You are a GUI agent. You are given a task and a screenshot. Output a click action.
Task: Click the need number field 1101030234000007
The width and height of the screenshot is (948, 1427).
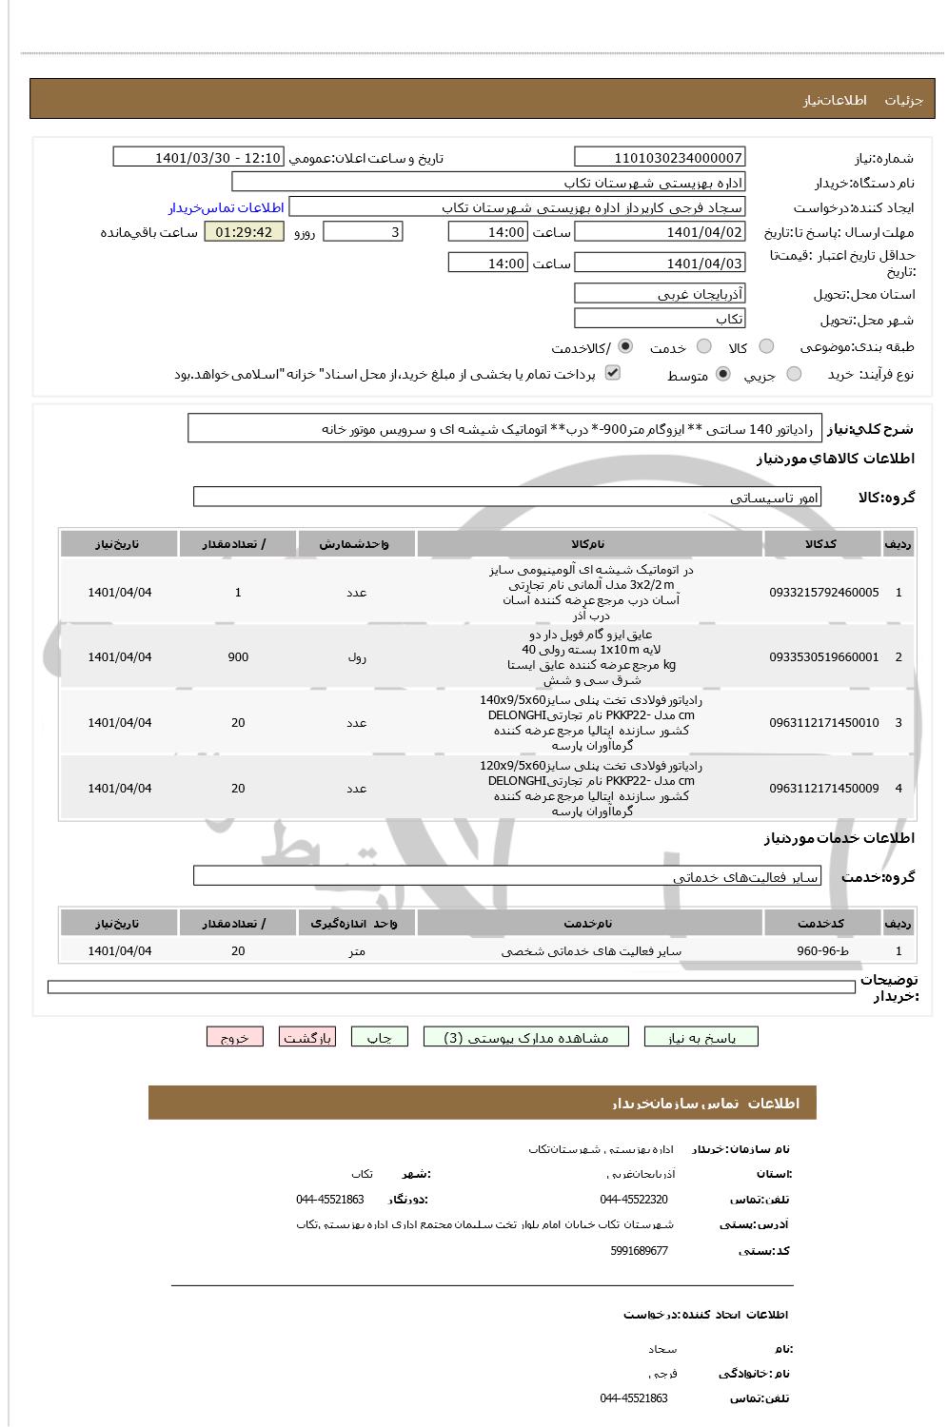click(660, 158)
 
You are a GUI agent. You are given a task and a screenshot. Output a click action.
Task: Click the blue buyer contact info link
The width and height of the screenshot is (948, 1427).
click(227, 207)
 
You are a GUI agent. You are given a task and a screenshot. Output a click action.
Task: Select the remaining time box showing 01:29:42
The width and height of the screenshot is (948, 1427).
click(244, 232)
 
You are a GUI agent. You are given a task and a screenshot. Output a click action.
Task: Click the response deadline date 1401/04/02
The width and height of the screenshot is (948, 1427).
click(660, 232)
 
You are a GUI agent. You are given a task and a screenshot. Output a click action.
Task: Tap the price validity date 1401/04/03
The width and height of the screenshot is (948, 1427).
click(660, 264)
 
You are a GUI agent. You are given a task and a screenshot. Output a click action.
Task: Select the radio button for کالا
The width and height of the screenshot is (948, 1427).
click(766, 347)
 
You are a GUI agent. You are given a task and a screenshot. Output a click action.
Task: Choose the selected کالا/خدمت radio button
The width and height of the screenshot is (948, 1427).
click(625, 347)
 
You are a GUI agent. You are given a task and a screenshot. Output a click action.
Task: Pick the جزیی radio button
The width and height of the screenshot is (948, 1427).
click(795, 375)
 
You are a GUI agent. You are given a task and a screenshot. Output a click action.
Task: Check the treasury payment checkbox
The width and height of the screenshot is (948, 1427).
click(613, 373)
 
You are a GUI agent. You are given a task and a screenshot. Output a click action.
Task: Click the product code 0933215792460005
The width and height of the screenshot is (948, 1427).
click(823, 593)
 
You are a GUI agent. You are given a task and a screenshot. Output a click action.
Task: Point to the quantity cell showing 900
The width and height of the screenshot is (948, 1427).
click(238, 657)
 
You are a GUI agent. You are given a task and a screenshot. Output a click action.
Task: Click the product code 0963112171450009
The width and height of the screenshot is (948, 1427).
click(823, 789)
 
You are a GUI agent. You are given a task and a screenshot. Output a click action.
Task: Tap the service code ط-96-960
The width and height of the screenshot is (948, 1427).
click(823, 950)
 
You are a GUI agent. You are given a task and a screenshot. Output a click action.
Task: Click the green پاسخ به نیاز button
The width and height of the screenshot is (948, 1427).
click(701, 1038)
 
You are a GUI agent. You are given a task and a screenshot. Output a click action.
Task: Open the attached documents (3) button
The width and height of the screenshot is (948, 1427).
click(526, 1038)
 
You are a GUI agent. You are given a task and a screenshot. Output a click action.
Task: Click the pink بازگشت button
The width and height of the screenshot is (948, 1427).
click(306, 1038)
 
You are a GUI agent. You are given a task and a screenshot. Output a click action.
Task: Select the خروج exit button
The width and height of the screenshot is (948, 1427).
click(234, 1038)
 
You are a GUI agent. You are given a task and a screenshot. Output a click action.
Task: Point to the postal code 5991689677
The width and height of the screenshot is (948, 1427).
click(640, 1251)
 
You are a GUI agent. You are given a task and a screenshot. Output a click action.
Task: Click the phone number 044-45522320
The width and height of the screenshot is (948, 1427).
click(634, 1200)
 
